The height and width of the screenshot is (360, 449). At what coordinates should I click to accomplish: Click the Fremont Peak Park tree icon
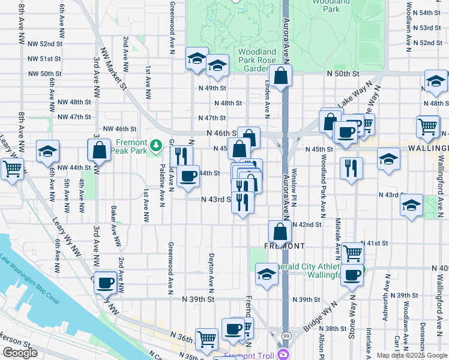156,145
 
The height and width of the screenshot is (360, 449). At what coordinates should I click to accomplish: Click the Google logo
20,353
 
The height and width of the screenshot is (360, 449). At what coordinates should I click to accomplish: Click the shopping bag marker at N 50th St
280,76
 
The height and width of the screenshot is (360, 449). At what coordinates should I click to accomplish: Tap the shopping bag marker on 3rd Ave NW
99,150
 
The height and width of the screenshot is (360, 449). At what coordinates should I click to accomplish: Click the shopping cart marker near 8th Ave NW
11,169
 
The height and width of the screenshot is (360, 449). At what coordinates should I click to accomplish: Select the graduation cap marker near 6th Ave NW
47,152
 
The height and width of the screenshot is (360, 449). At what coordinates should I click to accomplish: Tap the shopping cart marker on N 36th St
207,338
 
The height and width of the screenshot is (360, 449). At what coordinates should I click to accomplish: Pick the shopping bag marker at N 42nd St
280,231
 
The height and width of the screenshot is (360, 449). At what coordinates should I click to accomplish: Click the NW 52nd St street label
45,44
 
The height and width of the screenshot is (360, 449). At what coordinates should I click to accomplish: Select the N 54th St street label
430,13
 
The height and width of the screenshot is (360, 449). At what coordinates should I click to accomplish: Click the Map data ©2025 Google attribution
412,355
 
